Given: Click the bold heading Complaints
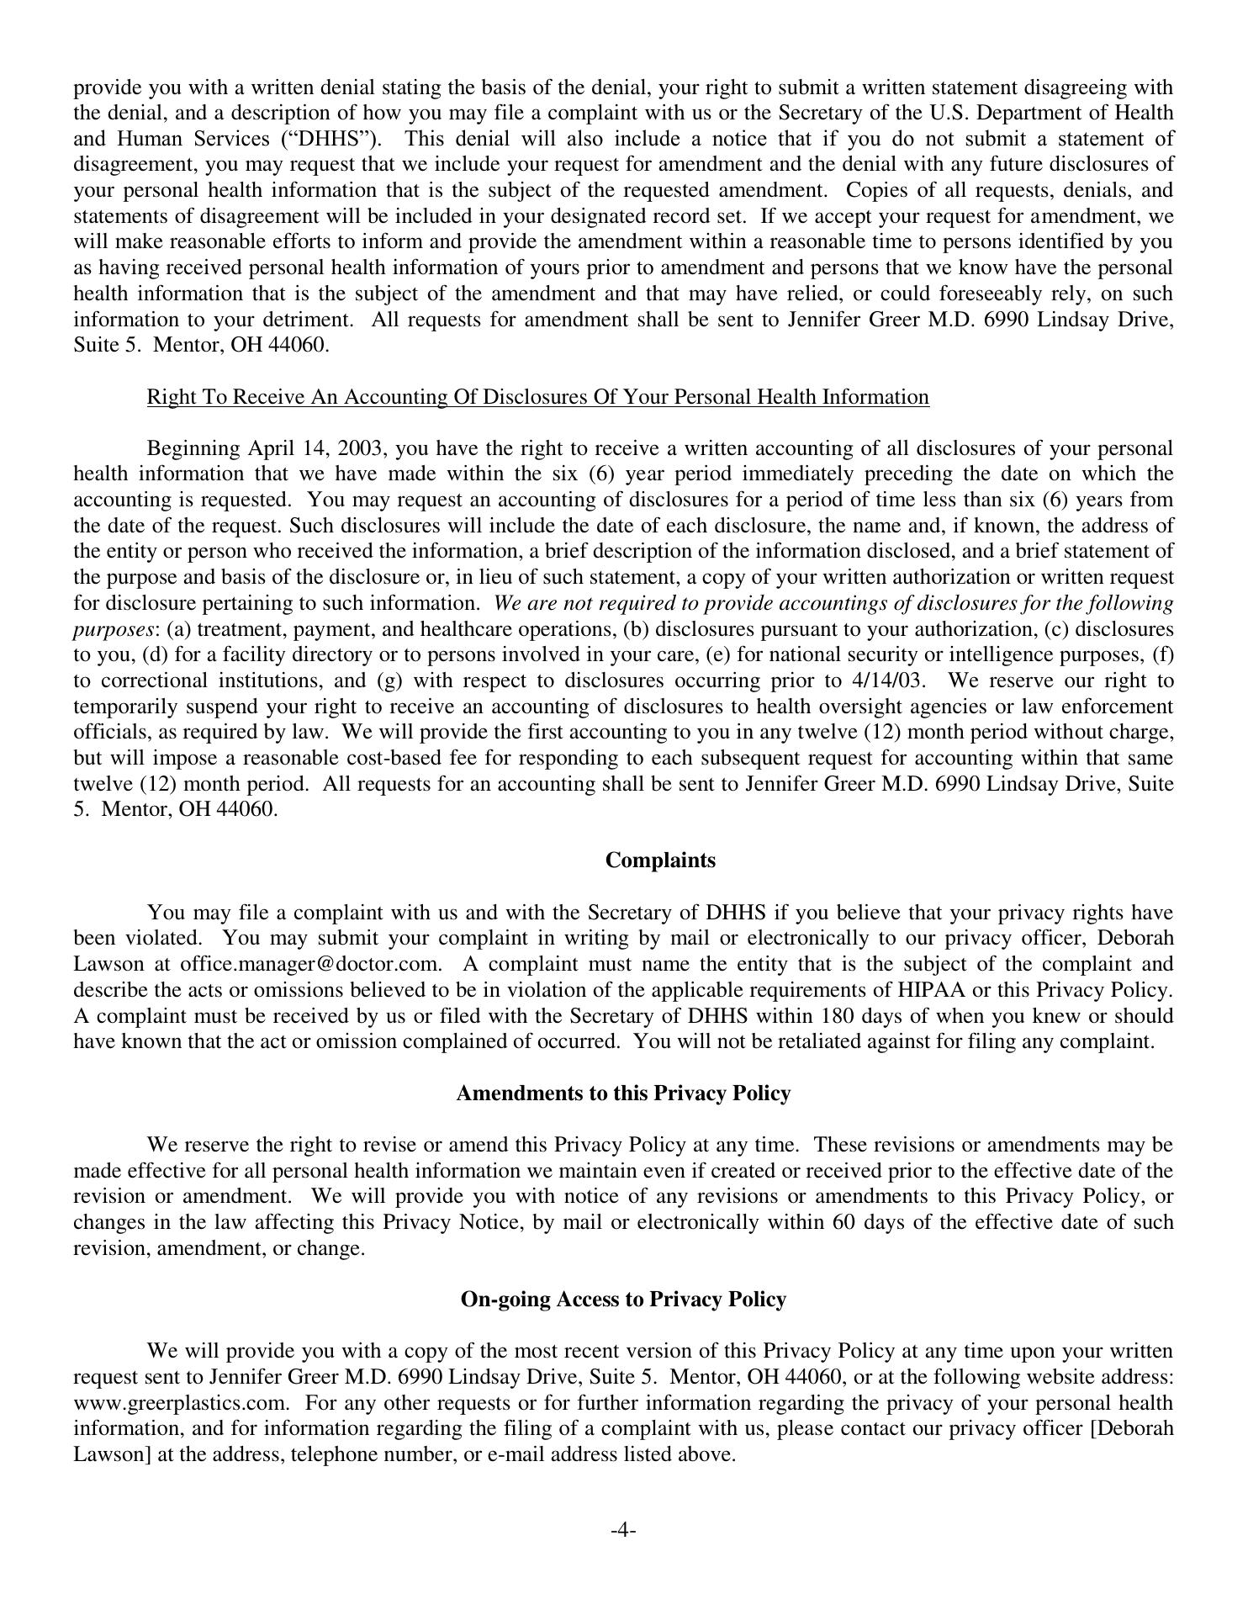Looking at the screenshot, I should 660,860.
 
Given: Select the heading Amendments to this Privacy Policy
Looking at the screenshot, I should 623,1093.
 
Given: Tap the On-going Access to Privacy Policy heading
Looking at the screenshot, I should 623,1300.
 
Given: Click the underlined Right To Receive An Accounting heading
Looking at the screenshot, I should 537,397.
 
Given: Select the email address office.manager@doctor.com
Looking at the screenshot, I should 310,964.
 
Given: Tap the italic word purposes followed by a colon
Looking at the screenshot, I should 114,629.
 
